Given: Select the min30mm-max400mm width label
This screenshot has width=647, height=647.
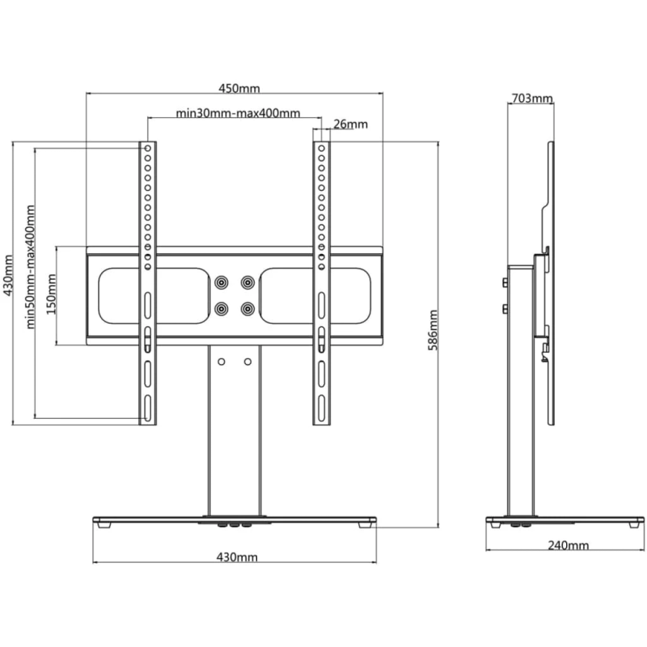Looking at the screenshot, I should (238, 113).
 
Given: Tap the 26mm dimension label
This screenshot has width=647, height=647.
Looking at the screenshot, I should (350, 125).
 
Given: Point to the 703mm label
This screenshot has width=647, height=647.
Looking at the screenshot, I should (531, 99).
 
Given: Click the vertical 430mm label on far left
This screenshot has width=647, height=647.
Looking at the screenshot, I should (9, 276).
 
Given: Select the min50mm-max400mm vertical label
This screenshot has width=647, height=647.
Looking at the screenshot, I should (32, 267).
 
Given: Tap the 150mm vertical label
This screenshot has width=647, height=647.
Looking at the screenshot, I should (51, 295).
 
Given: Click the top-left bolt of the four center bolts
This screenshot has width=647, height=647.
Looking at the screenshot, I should (221, 283).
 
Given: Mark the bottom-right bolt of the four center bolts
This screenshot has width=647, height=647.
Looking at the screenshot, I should (247, 308).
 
